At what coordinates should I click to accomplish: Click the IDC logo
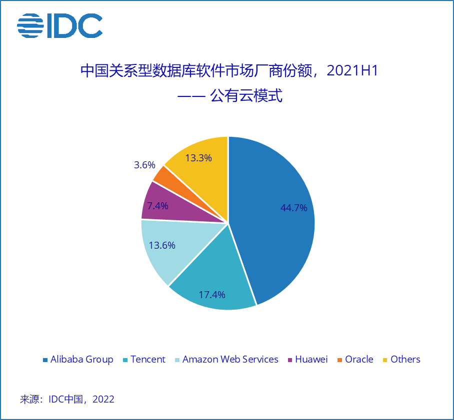(x=59, y=25)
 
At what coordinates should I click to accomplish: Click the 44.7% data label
(x=293, y=208)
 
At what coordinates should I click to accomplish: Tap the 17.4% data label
(x=211, y=294)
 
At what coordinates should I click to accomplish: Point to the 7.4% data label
(x=157, y=205)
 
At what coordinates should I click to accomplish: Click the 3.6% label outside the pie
(x=144, y=165)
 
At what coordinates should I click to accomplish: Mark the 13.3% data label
(x=198, y=158)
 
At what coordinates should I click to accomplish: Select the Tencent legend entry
(x=147, y=360)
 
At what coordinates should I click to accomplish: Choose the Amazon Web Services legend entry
(x=230, y=360)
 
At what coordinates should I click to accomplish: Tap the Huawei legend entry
(x=311, y=360)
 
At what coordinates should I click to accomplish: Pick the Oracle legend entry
(x=359, y=360)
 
